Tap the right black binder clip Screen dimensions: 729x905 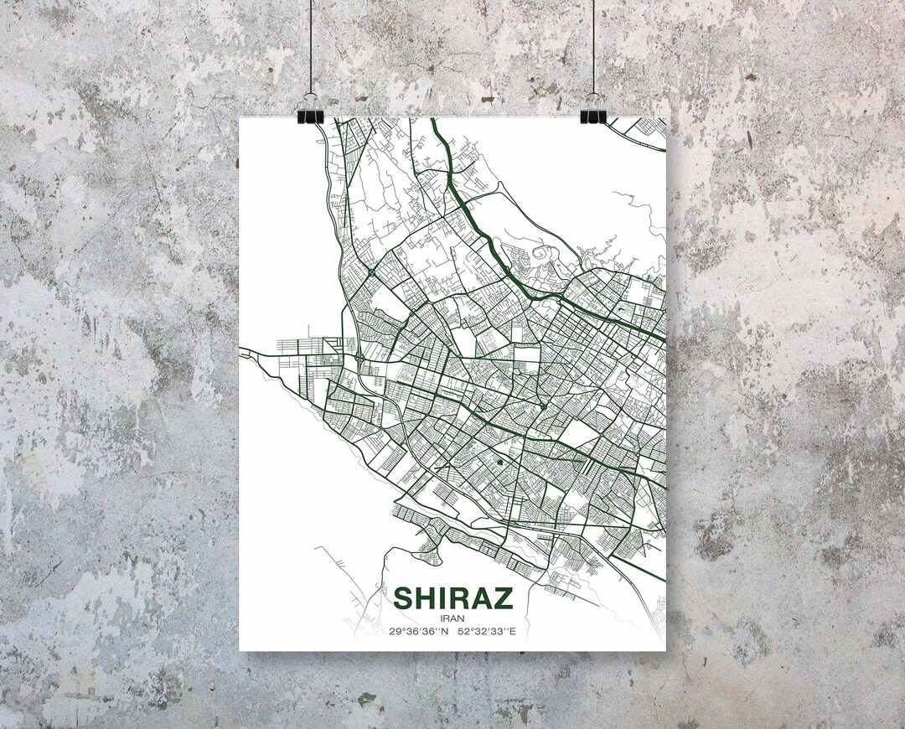592,115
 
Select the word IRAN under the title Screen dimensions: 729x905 452,618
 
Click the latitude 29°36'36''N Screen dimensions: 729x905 419,631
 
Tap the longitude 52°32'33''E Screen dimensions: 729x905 487,631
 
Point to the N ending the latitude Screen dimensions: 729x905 445,631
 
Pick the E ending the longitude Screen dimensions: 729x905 513,631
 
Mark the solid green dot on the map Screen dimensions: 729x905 500,460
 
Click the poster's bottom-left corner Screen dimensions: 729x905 240,650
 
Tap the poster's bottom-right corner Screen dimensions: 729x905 665,650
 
